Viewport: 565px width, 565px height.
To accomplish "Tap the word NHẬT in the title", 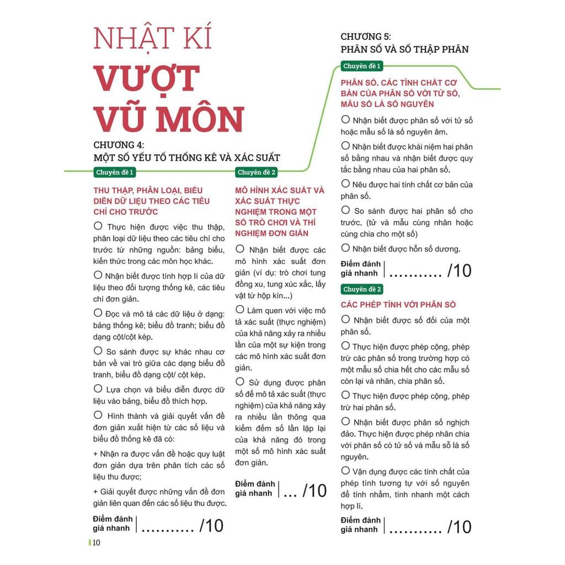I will point(124,39).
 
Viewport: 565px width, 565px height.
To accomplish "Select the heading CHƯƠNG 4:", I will point(119,145).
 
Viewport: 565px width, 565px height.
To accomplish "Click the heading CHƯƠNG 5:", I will point(366,36).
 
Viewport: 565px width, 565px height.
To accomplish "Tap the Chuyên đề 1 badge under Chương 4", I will point(115,173).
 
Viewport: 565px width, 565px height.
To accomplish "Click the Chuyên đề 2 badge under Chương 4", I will point(257,173).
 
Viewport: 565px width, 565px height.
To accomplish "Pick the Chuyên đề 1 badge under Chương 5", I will point(362,66).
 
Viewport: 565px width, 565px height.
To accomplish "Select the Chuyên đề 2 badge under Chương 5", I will point(362,289).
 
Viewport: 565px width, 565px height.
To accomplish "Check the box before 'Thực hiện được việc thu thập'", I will point(98,226).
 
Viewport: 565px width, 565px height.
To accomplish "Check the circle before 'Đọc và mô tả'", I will point(98,312).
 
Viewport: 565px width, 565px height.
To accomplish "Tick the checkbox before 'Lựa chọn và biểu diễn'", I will point(98,388).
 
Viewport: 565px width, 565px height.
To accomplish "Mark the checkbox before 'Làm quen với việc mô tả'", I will point(240,310).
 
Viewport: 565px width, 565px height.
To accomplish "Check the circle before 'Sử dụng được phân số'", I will point(240,381).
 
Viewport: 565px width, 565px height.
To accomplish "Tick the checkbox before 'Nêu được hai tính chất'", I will point(346,184).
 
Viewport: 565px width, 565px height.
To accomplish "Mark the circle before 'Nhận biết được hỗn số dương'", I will point(346,248).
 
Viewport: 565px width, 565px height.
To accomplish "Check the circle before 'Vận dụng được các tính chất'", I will point(346,471).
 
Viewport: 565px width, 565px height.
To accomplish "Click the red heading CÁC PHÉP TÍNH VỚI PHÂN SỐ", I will point(398,305).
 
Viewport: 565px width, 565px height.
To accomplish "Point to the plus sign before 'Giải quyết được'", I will point(96,491).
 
